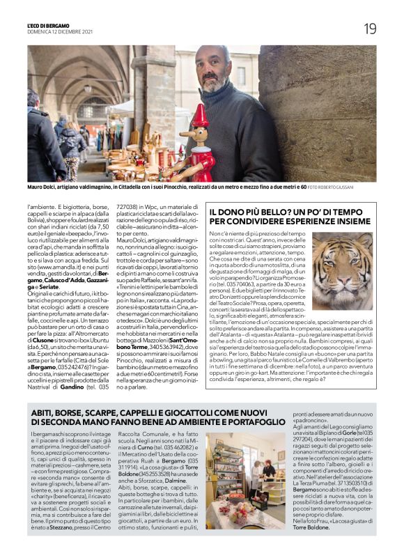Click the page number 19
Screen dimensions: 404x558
(x=369, y=28)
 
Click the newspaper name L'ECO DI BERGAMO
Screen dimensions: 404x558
(x=56, y=24)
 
